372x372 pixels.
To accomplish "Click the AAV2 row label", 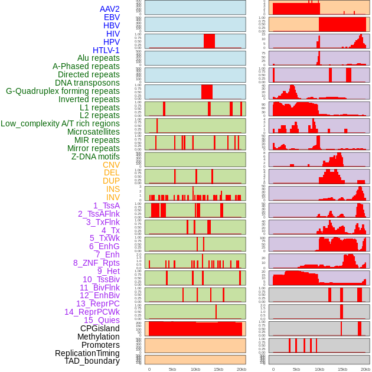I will (x=110, y=9).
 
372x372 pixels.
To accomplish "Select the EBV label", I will (x=112, y=17).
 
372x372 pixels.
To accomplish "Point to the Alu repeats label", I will (x=99, y=58).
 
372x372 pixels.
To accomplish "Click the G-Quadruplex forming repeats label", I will (x=63, y=91).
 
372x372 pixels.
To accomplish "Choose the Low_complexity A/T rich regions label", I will (x=60, y=123).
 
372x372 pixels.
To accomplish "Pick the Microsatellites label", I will (x=93, y=132).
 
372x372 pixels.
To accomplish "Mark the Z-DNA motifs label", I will (x=96, y=156).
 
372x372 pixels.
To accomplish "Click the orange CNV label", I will (x=111, y=165).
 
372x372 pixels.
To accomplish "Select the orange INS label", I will (x=113, y=189).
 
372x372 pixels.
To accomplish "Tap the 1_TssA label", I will (x=106, y=205).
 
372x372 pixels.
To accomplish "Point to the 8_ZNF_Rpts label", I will (x=96, y=263).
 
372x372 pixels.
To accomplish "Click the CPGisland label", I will (x=100, y=328).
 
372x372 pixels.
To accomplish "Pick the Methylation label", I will (x=98, y=337).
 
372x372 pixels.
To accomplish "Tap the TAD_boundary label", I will (x=92, y=361).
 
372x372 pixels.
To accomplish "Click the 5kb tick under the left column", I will (x=172, y=369).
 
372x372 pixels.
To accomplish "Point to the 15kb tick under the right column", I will (x=342, y=369).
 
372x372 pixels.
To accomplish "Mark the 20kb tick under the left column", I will (x=241, y=369).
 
